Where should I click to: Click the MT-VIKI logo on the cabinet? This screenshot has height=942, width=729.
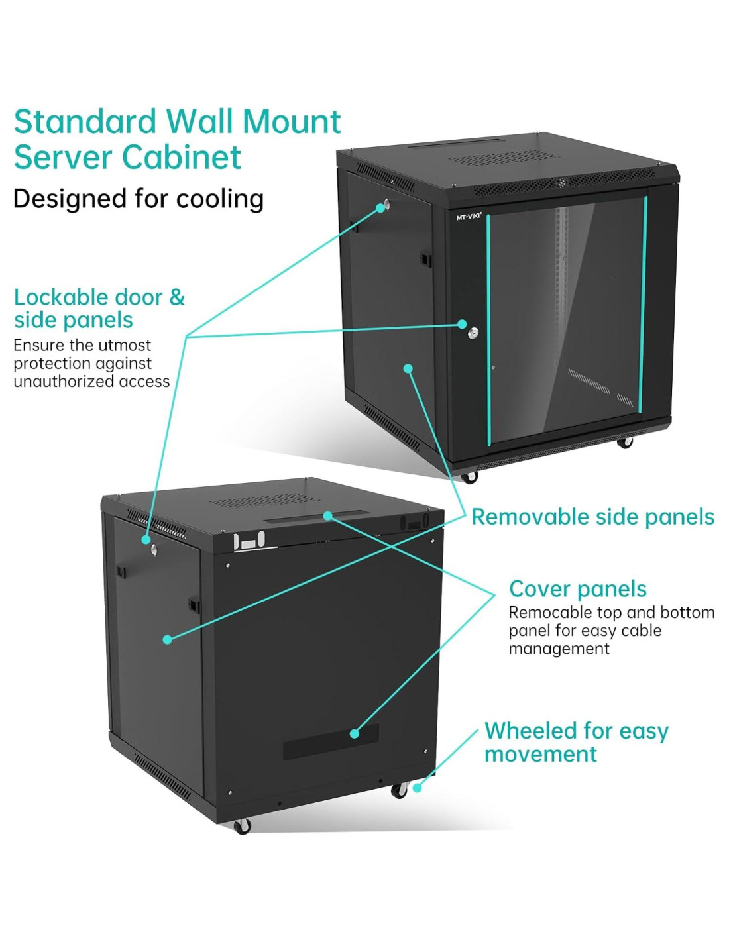469,217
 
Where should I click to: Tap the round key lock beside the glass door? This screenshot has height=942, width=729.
473,333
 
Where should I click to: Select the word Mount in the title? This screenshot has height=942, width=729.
292,122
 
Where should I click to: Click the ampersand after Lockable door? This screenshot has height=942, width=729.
177,297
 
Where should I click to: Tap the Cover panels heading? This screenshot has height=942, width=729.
578,589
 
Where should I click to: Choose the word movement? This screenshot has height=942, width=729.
541,754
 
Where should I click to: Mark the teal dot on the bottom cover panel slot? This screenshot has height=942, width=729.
355,733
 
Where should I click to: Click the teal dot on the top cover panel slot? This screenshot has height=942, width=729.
327,515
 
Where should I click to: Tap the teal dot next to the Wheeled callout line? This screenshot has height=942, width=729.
417,788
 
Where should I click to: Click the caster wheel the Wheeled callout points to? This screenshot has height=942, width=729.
399,790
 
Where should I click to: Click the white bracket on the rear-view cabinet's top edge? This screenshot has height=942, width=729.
249,541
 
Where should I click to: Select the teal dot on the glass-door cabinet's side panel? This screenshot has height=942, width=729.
408,368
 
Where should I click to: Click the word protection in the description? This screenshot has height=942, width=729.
48,364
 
